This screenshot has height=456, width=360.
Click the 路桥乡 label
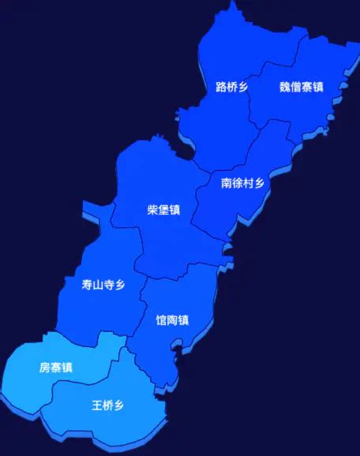(231, 87)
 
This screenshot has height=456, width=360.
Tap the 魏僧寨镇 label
(301, 87)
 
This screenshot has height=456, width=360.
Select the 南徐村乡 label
(242, 183)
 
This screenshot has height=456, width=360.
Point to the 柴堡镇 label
(163, 210)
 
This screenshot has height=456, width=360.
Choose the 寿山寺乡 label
(103, 286)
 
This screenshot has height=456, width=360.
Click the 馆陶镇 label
(172, 320)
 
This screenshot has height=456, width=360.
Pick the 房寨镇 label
(56, 368)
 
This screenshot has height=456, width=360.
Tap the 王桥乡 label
(107, 406)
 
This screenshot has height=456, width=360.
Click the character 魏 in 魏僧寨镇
(284, 87)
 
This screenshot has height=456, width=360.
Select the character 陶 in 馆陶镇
(172, 320)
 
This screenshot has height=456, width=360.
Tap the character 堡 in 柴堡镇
(163, 210)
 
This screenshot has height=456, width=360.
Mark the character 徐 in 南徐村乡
(237, 183)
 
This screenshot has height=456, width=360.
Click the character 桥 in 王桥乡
(107, 406)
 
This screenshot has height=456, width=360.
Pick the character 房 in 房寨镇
(45, 368)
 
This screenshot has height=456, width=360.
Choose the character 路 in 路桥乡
(221, 87)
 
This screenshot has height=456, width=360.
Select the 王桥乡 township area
(118, 422)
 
